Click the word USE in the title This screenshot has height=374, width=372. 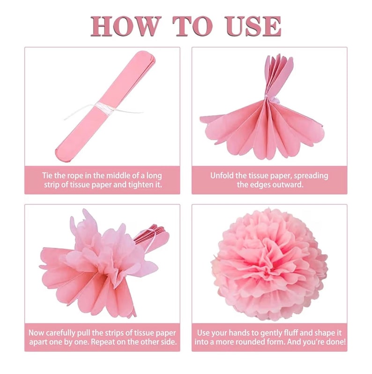click(x=253, y=26)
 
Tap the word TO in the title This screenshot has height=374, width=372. click(x=193, y=26)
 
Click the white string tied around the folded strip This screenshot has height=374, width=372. click(x=104, y=109)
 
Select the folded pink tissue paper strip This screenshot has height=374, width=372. click(x=105, y=108)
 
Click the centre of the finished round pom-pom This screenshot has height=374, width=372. click(x=269, y=264)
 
